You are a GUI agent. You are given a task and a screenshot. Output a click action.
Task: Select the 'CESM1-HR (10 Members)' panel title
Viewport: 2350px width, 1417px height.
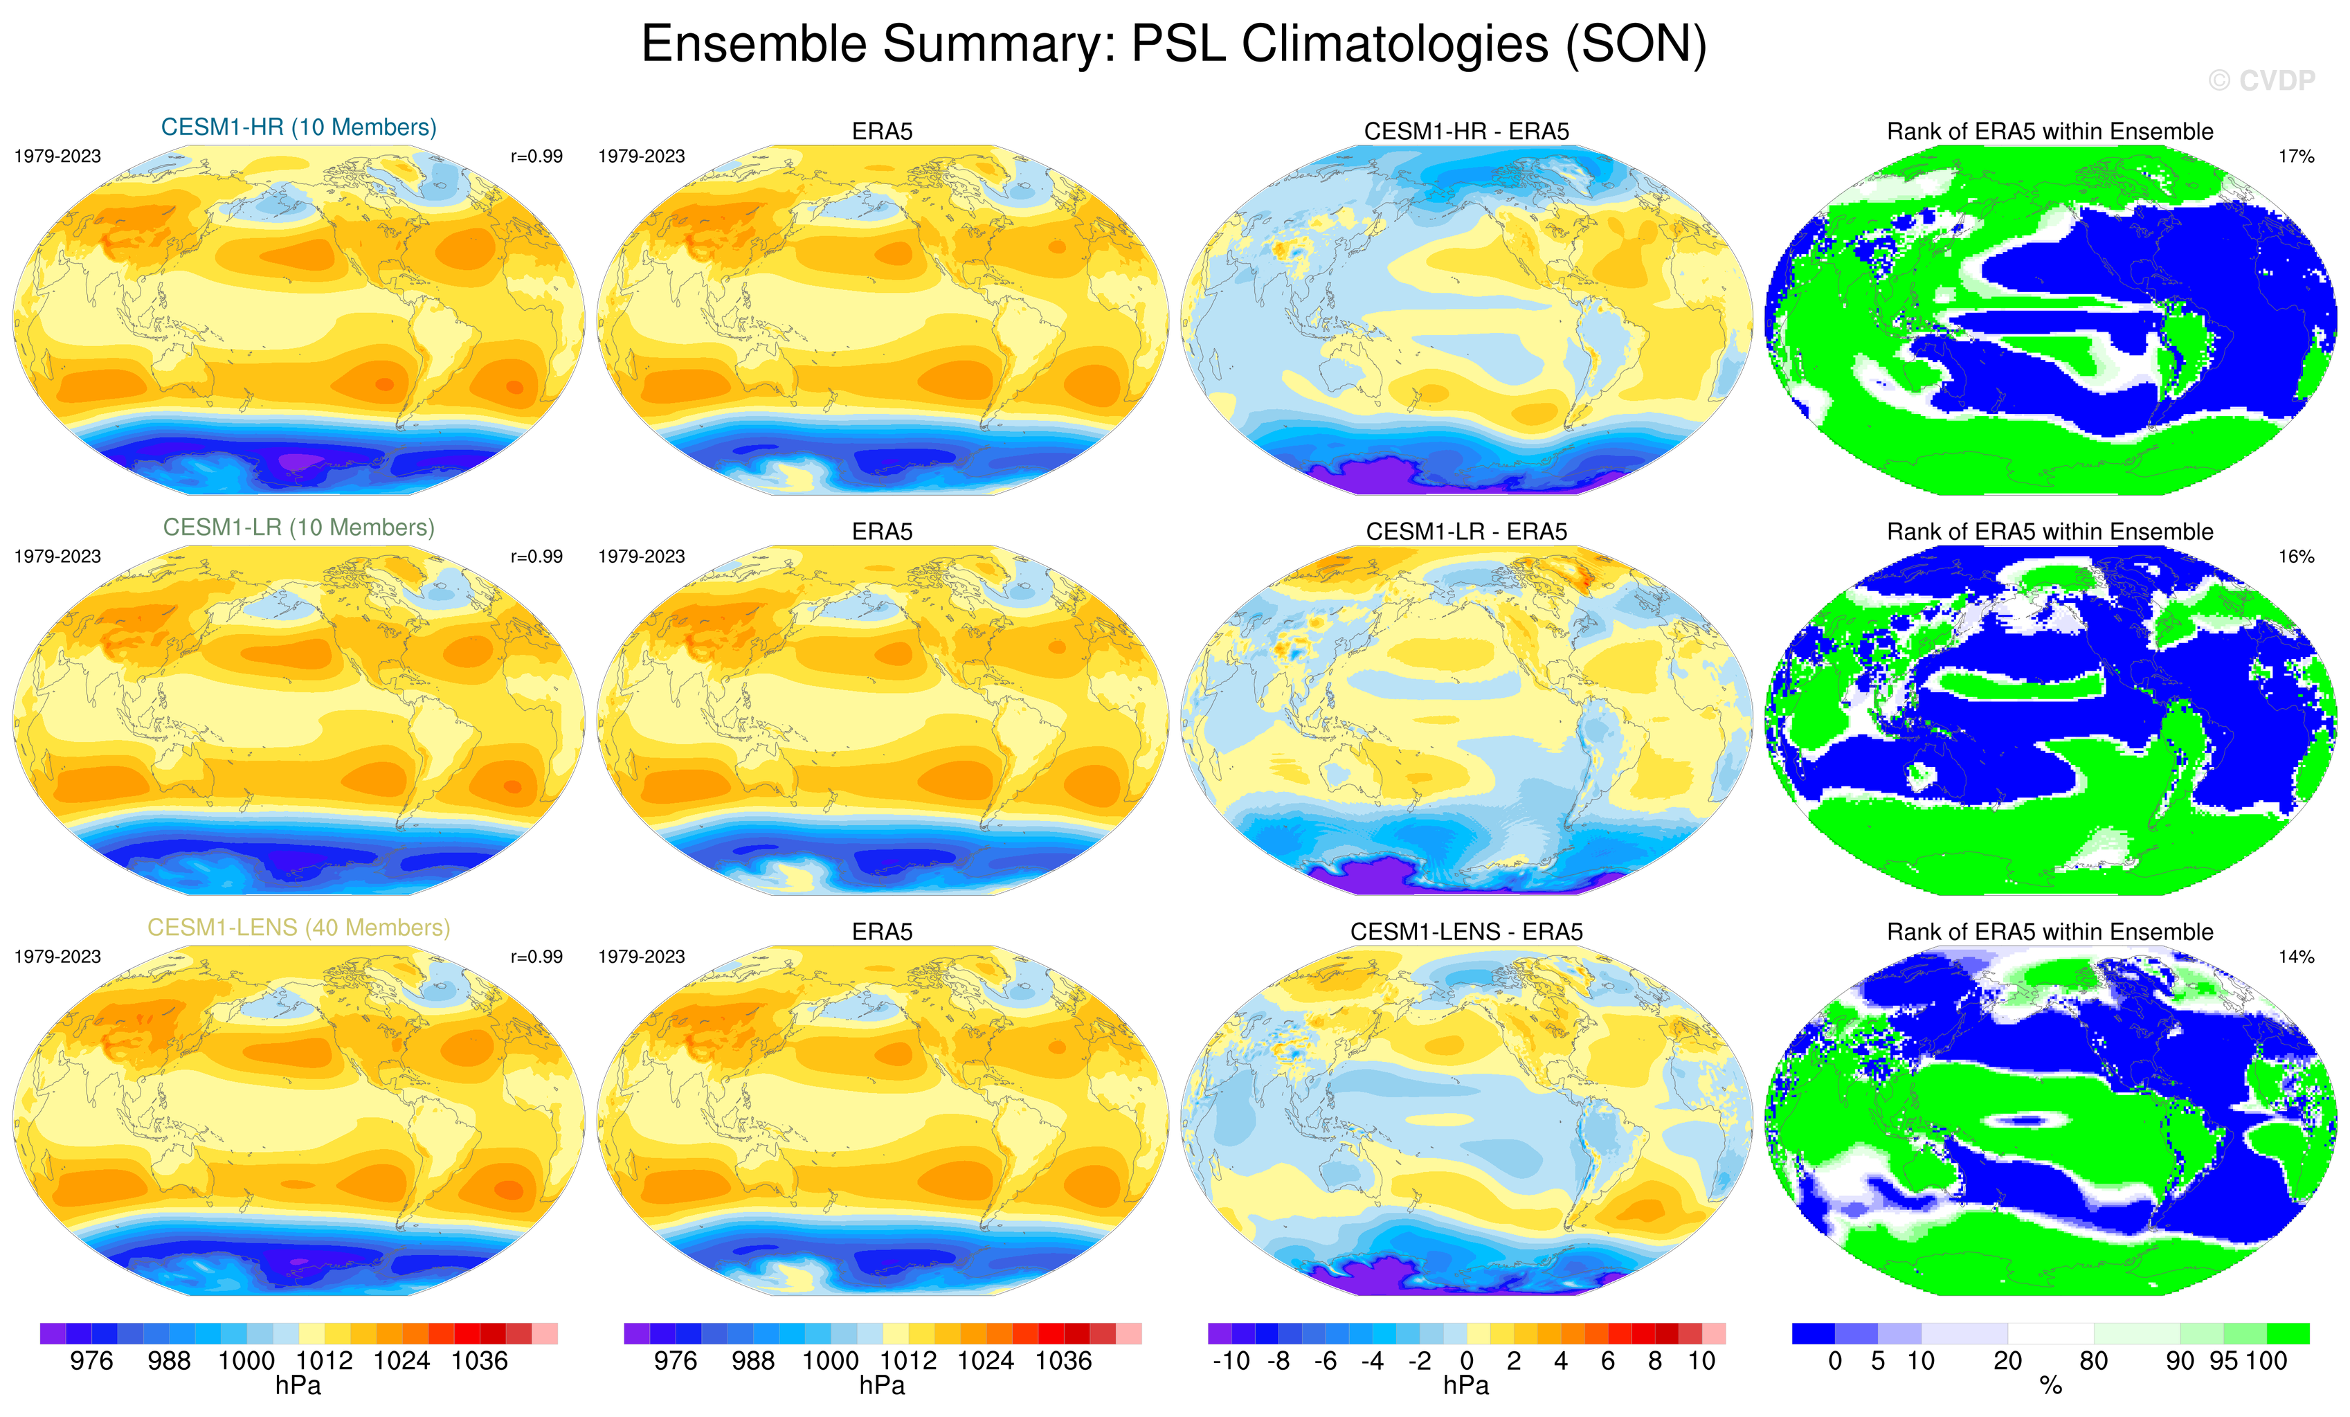298,128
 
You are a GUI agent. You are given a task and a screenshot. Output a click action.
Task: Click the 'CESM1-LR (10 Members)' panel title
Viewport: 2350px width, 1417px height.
298,527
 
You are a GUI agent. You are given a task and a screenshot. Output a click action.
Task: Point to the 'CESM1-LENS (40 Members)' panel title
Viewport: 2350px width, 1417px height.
298,928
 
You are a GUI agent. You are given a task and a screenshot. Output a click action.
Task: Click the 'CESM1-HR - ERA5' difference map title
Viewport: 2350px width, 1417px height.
1466,132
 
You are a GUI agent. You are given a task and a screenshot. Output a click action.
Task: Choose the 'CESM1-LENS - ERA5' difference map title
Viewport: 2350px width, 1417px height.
1466,932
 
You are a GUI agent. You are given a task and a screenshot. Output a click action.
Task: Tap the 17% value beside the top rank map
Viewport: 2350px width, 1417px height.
2295,156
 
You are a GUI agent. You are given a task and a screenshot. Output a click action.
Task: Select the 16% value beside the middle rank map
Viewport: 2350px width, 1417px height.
2295,557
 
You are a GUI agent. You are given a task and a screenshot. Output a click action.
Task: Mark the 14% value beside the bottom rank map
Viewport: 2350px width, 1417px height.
2295,957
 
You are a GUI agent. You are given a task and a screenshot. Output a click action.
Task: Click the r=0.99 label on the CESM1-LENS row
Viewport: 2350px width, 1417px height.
536,957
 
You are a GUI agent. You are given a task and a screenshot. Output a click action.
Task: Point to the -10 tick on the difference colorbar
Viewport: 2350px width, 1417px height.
1230,1362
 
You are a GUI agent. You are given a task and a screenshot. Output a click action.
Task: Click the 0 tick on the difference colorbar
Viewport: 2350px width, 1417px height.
1467,1362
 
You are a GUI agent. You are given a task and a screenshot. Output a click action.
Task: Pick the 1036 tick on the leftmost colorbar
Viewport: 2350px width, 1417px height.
479,1361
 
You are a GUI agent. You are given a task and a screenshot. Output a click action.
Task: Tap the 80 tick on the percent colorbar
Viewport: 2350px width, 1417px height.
2093,1362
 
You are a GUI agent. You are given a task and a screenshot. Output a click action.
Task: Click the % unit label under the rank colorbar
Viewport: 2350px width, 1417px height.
2050,1387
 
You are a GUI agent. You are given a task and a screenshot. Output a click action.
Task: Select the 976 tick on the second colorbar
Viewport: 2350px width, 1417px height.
676,1361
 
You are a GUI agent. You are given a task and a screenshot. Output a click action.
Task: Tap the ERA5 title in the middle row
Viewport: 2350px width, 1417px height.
883,532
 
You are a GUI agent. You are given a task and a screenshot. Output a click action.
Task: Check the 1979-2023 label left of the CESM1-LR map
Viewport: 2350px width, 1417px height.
57,557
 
